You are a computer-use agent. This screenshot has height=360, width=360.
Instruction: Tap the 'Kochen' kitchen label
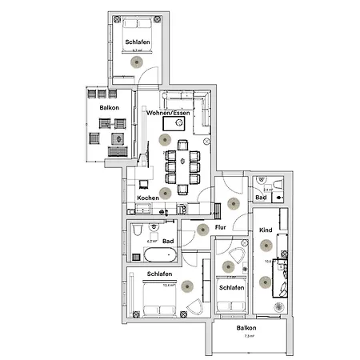coord(147,198)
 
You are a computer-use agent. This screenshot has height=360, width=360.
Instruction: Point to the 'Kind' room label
coord(266,230)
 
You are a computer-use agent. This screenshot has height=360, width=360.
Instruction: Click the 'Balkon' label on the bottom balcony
coord(246,328)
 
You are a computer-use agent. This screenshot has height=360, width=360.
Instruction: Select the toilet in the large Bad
coord(138,231)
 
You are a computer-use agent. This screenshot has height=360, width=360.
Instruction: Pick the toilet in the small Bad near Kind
coord(277,186)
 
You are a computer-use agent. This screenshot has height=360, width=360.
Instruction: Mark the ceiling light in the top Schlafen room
coord(136,62)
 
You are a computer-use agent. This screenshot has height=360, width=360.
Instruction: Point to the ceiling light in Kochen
coord(166,192)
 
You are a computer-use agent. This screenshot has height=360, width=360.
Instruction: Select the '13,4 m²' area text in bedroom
coord(168,283)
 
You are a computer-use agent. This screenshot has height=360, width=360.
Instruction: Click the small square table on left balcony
coord(119,138)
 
